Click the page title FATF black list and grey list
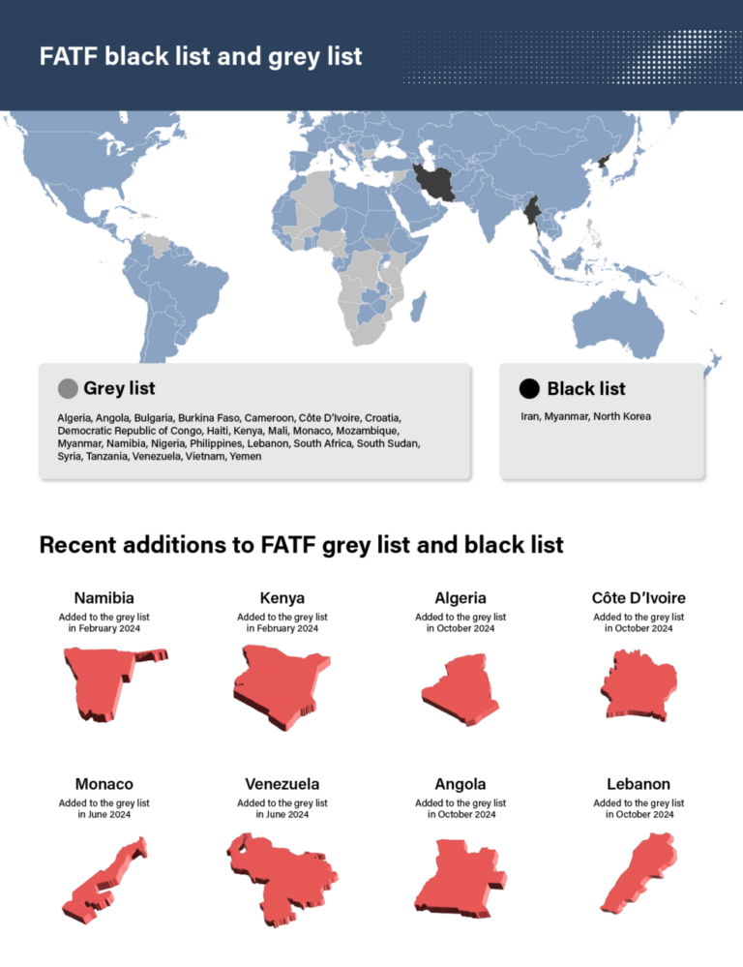coord(201,56)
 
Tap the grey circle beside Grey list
coord(68,389)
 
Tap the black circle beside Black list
coord(528,389)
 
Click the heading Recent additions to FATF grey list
coord(301,545)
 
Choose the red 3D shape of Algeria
coord(461,686)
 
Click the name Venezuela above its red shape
coord(282,784)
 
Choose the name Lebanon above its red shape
coord(639,784)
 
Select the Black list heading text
coord(586,389)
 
